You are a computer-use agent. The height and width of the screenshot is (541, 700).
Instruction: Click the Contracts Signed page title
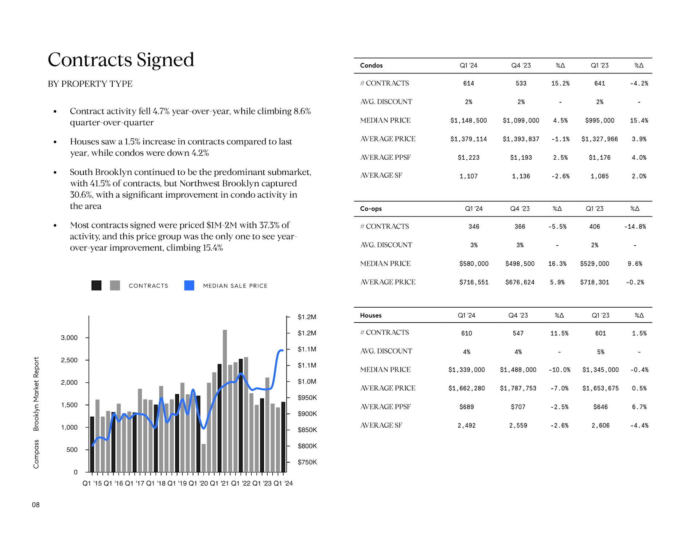(121, 60)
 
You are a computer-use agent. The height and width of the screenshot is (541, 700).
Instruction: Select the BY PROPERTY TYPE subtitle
(90, 84)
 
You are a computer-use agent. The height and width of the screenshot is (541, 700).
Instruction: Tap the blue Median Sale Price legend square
(189, 285)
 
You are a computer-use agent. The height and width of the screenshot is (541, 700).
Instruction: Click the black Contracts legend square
(96, 285)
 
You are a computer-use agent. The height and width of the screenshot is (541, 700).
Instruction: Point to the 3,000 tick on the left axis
(69, 338)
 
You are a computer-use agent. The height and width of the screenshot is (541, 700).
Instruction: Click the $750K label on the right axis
(307, 462)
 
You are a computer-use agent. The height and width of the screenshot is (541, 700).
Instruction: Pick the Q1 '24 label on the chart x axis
(283, 483)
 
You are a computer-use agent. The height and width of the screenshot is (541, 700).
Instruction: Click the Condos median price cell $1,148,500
(468, 121)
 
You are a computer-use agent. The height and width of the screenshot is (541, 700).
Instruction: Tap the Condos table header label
(371, 66)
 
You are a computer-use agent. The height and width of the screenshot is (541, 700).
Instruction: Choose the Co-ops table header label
(371, 209)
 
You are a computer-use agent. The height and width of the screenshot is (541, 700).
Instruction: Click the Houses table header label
(371, 316)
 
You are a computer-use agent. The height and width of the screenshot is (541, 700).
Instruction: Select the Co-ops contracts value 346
(474, 227)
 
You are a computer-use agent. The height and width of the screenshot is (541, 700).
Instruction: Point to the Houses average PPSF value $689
(467, 407)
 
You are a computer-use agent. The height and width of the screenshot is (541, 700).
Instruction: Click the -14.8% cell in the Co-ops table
(635, 227)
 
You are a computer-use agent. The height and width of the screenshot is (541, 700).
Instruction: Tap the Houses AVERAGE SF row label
(381, 425)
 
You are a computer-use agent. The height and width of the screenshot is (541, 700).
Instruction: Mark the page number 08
(36, 505)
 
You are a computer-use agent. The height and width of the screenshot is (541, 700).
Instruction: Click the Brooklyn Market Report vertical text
(36, 394)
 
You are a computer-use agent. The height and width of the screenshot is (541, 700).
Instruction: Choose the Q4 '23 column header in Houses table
(518, 316)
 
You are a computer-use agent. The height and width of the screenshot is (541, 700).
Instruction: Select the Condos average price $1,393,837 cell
(521, 139)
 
